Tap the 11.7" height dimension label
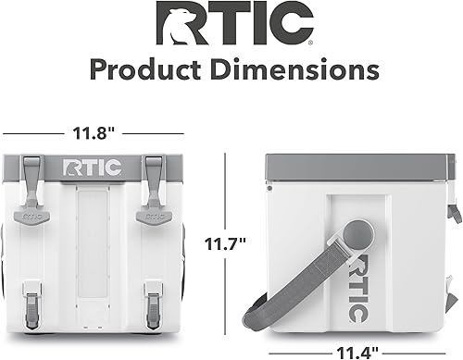224,245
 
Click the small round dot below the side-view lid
269,188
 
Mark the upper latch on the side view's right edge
454,212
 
